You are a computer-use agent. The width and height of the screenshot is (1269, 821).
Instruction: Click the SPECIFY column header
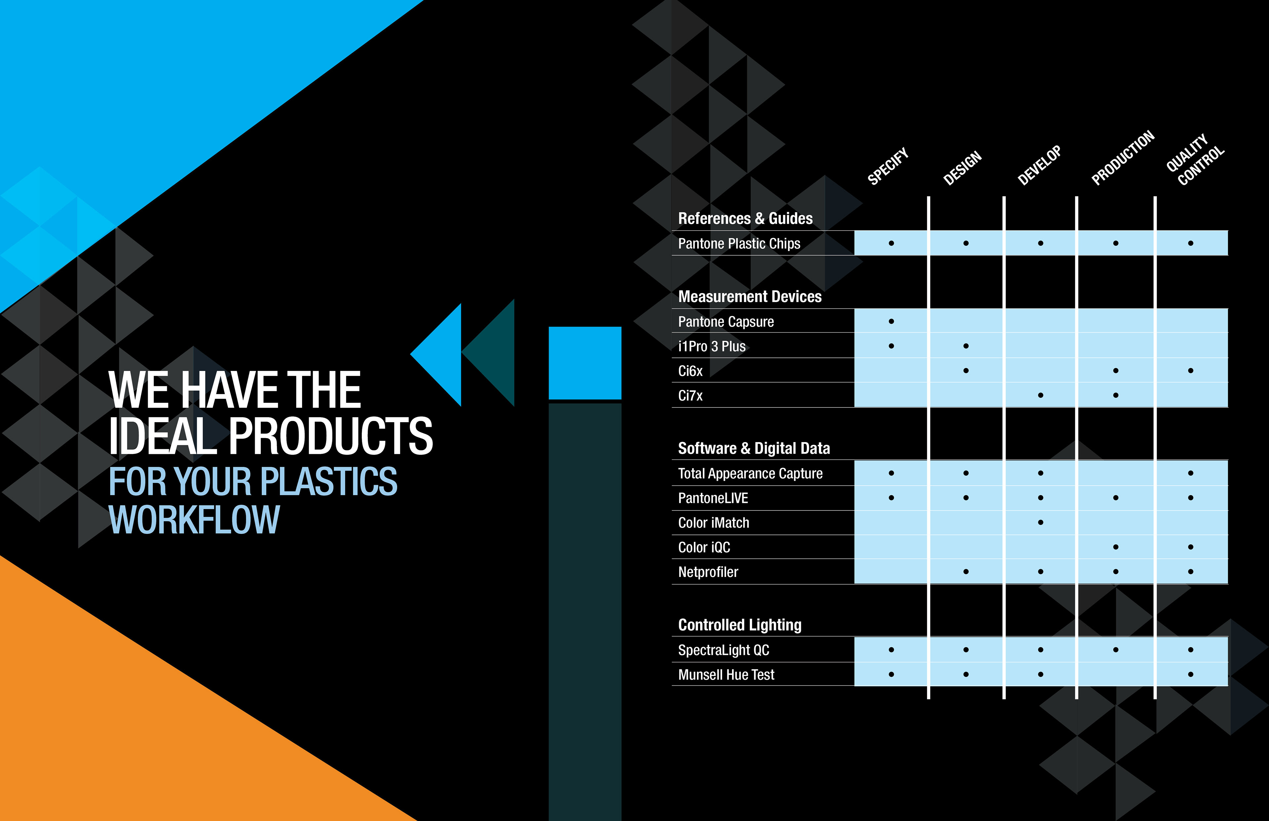coord(888,166)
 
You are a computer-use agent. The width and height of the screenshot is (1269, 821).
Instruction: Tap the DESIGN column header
coord(962,168)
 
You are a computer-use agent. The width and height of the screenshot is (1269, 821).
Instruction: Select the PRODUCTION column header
coord(1123,158)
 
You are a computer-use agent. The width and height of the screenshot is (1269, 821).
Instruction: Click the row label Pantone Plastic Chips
coord(739,243)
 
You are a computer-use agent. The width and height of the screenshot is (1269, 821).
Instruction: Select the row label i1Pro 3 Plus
coord(712,347)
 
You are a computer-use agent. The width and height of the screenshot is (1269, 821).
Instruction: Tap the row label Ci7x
coord(690,395)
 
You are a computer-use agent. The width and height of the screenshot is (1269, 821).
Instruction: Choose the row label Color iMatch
coord(713,522)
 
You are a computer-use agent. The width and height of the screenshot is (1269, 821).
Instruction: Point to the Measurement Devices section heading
coord(750,296)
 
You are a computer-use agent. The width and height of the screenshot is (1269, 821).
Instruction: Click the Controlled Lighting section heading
coord(740,625)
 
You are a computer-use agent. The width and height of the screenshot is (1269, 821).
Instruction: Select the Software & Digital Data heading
coord(754,448)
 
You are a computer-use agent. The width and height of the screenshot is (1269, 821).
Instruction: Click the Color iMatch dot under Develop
coord(1041,522)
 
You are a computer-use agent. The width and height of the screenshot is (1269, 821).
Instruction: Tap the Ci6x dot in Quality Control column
coord(1191,370)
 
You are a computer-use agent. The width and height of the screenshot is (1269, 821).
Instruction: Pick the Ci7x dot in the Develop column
coord(1041,395)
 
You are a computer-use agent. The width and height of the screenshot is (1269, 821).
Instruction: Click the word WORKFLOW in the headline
coord(194,520)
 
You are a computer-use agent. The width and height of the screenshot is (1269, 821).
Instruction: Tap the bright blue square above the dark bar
coord(585,363)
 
